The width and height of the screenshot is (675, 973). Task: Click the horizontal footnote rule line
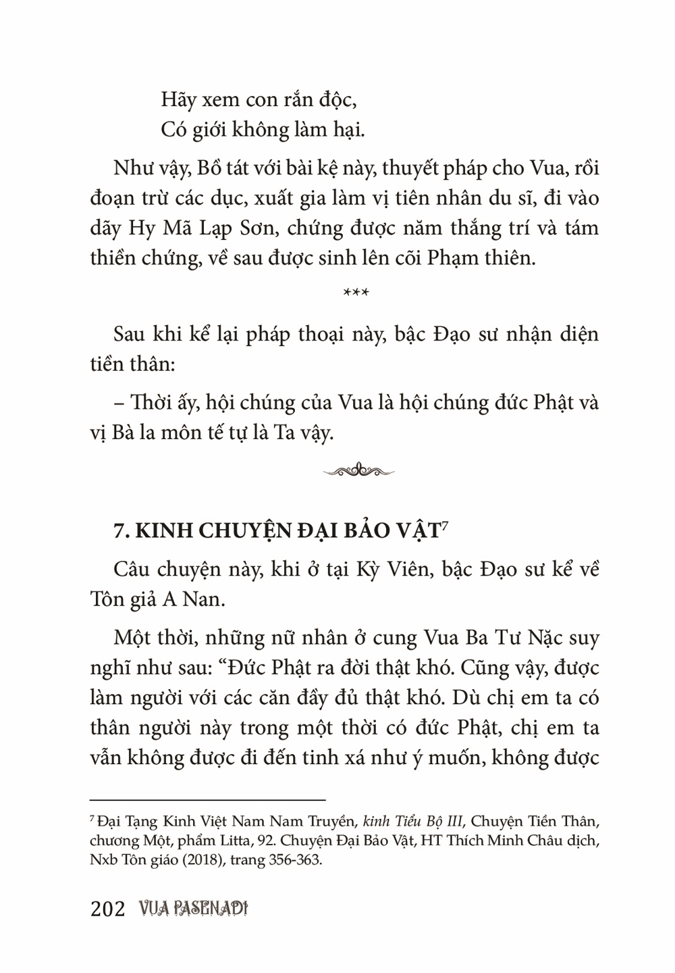[x=208, y=798]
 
